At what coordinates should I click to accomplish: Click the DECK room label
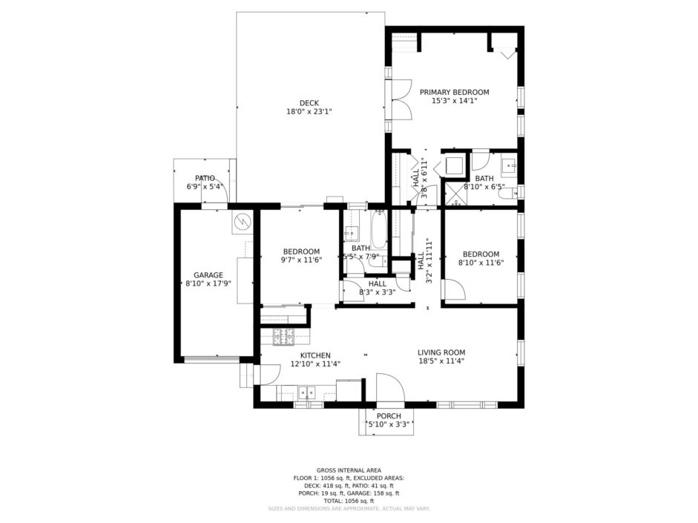[309, 103]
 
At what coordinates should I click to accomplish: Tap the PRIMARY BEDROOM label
[455, 92]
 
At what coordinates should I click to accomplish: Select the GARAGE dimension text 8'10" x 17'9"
[208, 283]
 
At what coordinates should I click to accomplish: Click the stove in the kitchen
[283, 337]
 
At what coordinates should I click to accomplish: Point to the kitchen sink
[306, 392]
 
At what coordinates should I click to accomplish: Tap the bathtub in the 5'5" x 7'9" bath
[379, 229]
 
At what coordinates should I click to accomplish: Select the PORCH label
[389, 415]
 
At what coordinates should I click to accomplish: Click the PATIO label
[205, 179]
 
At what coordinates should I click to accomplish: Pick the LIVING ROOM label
[441, 352]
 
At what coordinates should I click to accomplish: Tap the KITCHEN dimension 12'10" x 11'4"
[315, 364]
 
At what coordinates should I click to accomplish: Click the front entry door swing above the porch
[390, 387]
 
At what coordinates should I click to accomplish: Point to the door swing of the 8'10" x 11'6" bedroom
[455, 289]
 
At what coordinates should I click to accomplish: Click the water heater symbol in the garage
[243, 220]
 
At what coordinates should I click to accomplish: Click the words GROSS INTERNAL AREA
[349, 470]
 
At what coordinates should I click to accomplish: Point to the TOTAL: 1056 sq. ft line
[349, 501]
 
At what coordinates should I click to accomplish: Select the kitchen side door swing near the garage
[269, 375]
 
